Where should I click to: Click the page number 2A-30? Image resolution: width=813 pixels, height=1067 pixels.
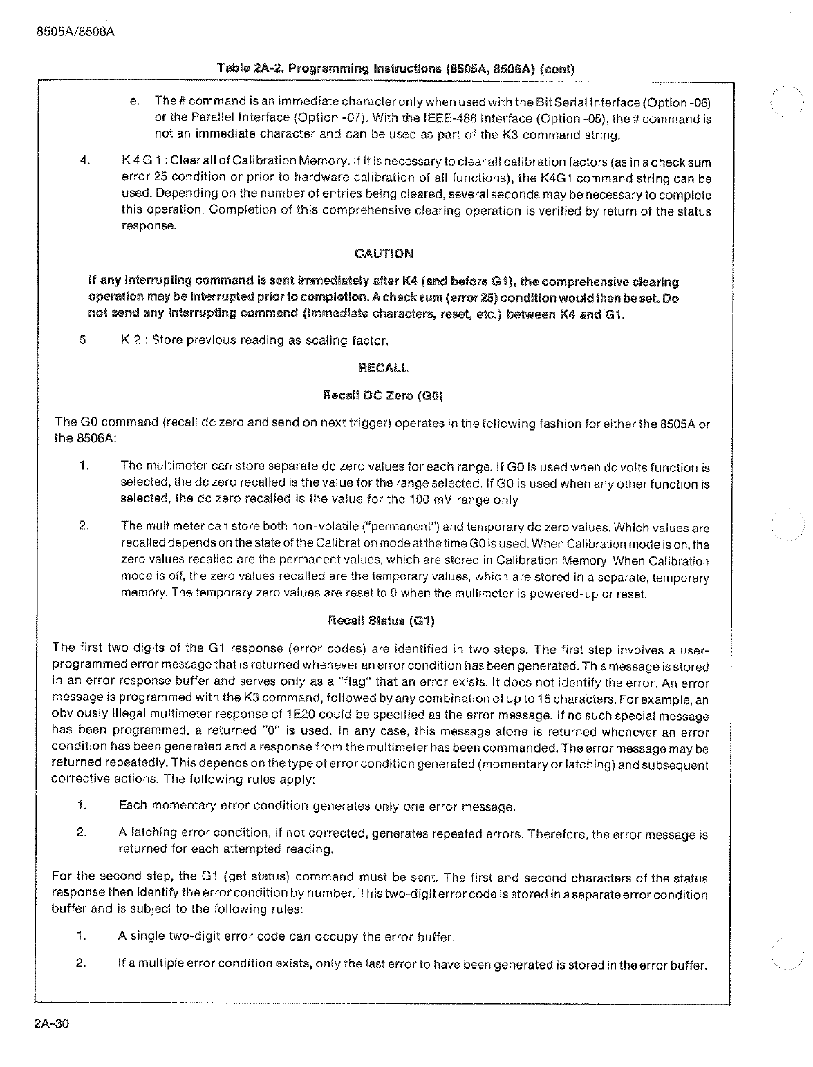click(52, 1024)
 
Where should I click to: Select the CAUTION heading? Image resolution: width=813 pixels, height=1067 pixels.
click(384, 253)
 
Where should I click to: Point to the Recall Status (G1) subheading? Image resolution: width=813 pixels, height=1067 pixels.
click(382, 620)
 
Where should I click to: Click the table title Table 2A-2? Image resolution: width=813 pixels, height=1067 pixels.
click(396, 68)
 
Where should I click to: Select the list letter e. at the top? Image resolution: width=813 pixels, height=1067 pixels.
click(135, 102)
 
